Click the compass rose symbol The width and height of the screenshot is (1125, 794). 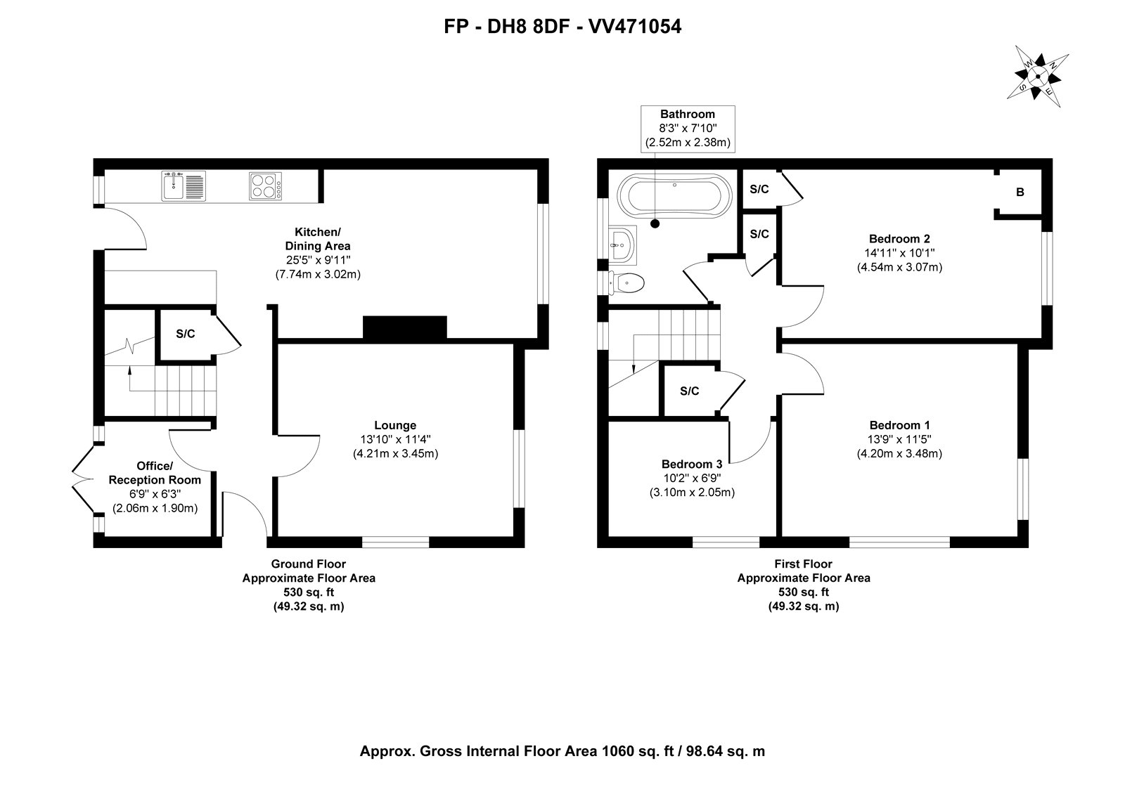coord(1038,77)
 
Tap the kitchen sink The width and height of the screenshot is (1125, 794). coord(184,186)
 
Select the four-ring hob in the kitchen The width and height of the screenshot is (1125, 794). coord(265,186)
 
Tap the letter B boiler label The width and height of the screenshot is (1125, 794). coord(1020,193)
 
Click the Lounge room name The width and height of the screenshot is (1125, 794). coord(395,426)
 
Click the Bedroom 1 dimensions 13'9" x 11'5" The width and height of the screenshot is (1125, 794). coord(899,440)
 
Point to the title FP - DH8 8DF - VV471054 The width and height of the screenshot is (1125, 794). coord(562,27)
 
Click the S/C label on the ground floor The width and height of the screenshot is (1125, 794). coord(186,334)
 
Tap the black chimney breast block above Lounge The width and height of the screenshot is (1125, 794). coord(405,327)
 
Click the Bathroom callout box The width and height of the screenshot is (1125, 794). coord(688,129)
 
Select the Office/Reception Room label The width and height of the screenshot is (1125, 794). coord(155,473)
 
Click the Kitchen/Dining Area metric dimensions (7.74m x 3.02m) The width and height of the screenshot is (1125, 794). coord(318,275)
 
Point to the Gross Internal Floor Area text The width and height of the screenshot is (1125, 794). coord(562,751)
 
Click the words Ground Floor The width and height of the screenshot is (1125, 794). coord(309,564)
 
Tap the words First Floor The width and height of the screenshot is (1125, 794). coord(803,564)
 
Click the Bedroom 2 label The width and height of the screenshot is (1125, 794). coord(899,239)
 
